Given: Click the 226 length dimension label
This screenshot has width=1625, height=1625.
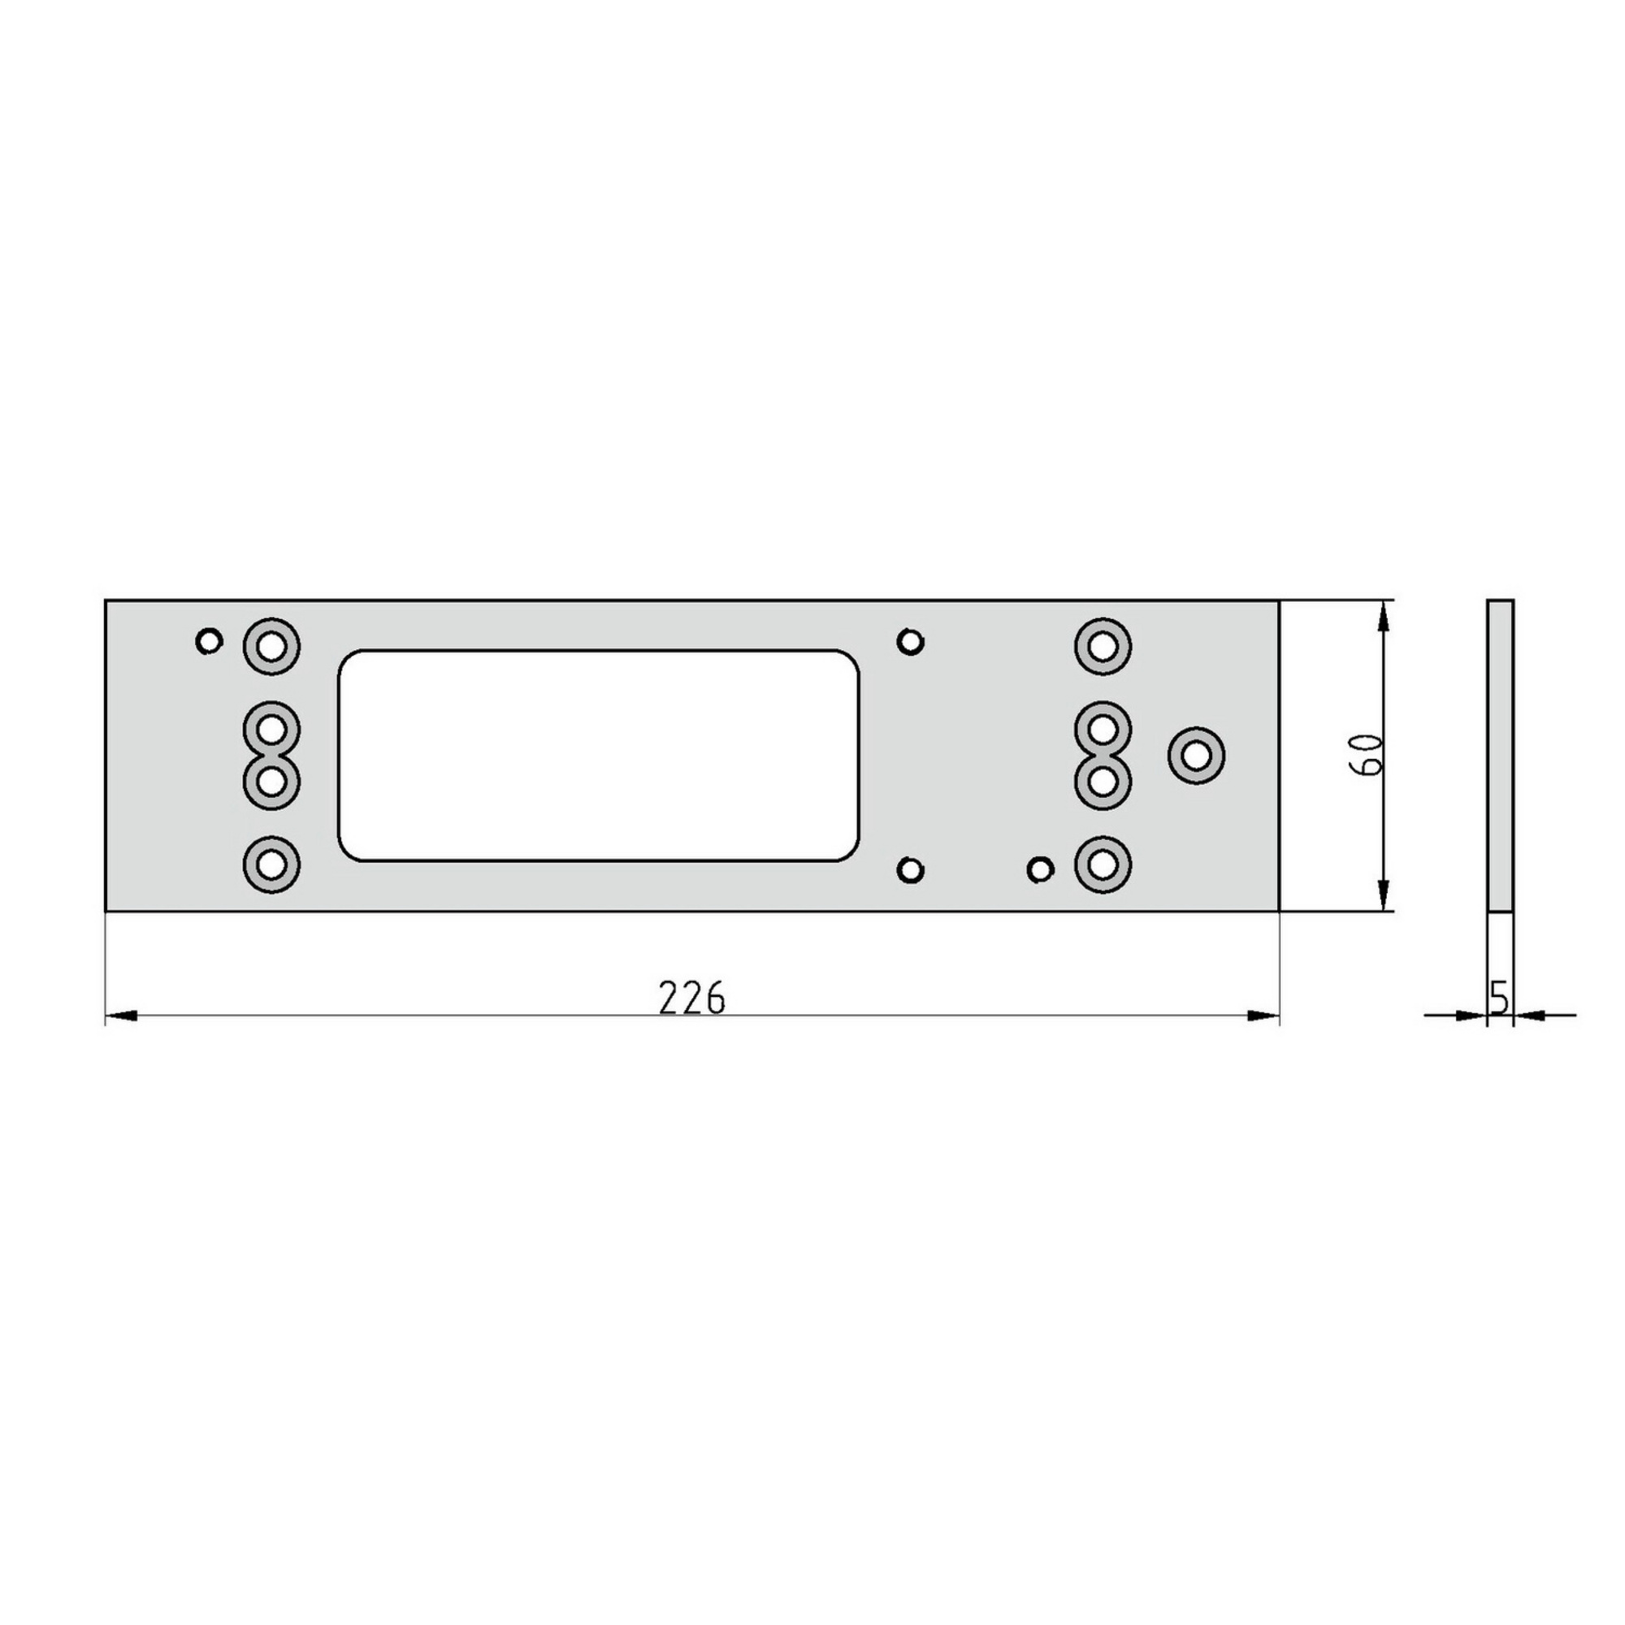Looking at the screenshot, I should pyautogui.click(x=691, y=999).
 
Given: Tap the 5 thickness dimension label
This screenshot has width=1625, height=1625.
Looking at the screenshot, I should pyautogui.click(x=1498, y=998).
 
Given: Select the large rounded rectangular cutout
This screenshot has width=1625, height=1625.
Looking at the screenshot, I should pyautogui.click(x=598, y=756).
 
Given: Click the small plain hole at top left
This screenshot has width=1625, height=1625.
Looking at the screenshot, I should pyautogui.click(x=209, y=642).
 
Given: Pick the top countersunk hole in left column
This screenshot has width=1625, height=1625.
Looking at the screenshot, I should pyautogui.click(x=271, y=647).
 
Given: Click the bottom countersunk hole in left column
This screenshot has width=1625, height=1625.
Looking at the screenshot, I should pyautogui.click(x=271, y=864).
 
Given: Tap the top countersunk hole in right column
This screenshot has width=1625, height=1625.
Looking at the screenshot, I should pyautogui.click(x=1103, y=647).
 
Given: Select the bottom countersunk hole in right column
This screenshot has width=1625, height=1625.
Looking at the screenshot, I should pyautogui.click(x=1103, y=864).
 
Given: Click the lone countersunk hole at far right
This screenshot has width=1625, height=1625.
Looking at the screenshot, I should pyautogui.click(x=1195, y=756).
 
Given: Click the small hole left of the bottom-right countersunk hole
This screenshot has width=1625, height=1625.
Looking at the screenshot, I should pyautogui.click(x=1041, y=869).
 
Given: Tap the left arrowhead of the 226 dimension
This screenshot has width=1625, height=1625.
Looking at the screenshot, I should pyautogui.click(x=122, y=1016).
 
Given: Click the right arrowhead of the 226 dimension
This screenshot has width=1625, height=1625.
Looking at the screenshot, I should pyautogui.click(x=1262, y=1016).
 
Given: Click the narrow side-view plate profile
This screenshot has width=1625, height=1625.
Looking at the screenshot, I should pyautogui.click(x=1500, y=755).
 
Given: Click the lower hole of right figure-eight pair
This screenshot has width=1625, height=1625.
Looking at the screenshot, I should pyautogui.click(x=1103, y=782).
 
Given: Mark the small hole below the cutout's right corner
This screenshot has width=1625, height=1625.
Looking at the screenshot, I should pyautogui.click(x=910, y=869).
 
